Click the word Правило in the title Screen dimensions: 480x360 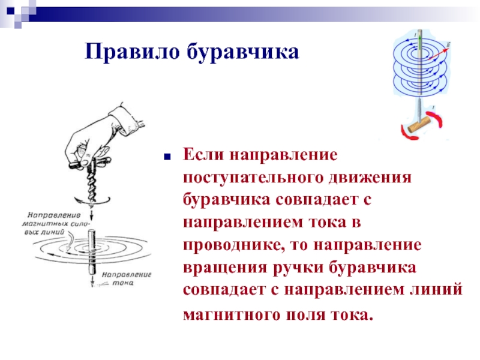pos(132,51)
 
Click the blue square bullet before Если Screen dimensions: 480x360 pos(167,157)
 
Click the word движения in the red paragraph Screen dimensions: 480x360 pos(370,178)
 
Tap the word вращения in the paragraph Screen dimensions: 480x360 pos(225,268)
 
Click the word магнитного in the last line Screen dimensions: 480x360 pos(232,314)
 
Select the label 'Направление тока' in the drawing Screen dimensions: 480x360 pos(127,278)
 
